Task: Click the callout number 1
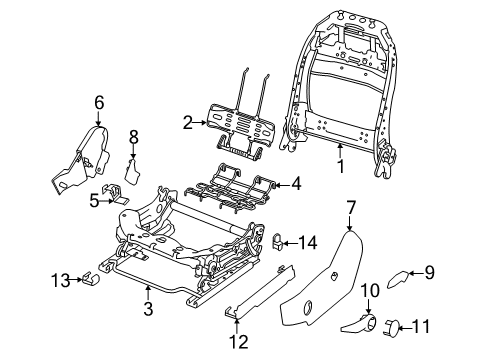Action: [341, 167]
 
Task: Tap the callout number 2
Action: [187, 122]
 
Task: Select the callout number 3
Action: [149, 311]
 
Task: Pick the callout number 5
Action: [94, 200]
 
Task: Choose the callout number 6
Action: [99, 101]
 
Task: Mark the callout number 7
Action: [351, 207]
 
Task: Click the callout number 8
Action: [133, 136]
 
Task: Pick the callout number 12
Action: [235, 343]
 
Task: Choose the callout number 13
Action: [58, 281]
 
